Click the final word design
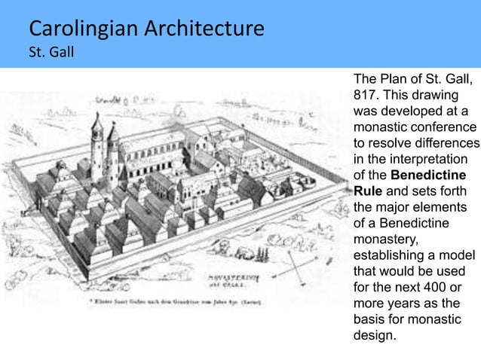click(374, 334)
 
